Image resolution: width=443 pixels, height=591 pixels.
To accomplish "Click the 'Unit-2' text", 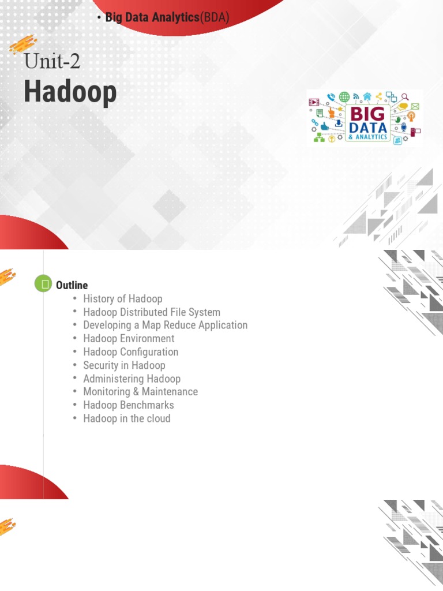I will pos(52,61).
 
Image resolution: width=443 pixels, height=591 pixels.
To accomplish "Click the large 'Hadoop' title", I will pos(70,92).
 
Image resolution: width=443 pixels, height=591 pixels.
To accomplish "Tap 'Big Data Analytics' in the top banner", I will pos(152,17).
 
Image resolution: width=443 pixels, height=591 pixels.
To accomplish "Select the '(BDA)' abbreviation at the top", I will pos(215,17).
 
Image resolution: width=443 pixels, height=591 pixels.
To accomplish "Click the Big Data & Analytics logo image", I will pos(365,117).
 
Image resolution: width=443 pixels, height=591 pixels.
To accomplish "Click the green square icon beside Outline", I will pos(43,283).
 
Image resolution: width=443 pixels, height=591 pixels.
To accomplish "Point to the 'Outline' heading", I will pos(72,285).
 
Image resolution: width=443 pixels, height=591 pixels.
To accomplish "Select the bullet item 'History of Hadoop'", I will pos(122,298).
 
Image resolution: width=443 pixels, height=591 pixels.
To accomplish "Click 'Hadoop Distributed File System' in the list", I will pos(151,312).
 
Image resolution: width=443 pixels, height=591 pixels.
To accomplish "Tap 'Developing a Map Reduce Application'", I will pos(165,325).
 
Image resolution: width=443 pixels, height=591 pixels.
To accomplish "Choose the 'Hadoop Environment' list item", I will pos(128,338).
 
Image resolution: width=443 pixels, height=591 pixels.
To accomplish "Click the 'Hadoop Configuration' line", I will pos(130,351).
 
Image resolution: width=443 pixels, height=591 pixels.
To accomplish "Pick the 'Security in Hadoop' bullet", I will pos(124,365).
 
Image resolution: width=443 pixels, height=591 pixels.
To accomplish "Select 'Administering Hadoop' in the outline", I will pos(132,379).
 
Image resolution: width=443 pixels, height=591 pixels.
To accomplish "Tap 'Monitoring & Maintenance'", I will pos(140,391).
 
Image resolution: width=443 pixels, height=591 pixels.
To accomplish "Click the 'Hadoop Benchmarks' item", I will pos(128,405).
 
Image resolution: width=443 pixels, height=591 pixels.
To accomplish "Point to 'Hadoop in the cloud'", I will pos(126,418).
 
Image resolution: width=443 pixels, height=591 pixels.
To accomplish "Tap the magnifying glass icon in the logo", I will pos(406,97).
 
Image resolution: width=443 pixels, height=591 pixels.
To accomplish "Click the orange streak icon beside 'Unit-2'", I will pos(23,45).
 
